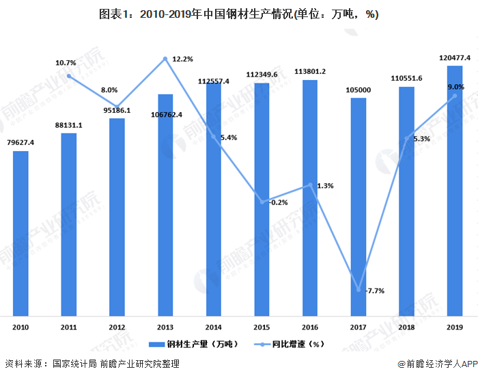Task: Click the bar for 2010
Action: pyautogui.click(x=20, y=232)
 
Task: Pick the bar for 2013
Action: pyautogui.click(x=165, y=204)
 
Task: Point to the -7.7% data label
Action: pyautogui.click(x=374, y=291)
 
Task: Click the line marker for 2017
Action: pyautogui.click(x=358, y=290)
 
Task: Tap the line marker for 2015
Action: pyautogui.click(x=262, y=202)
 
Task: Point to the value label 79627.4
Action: pyautogui.click(x=20, y=142)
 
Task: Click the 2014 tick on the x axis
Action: pyautogui.click(x=214, y=328)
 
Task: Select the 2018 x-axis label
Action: pyautogui.click(x=406, y=328)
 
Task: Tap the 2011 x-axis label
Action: pyautogui.click(x=69, y=328)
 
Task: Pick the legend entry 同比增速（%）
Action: pyautogui.click(x=290, y=344)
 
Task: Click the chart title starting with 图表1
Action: pyautogui.click(x=238, y=14)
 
